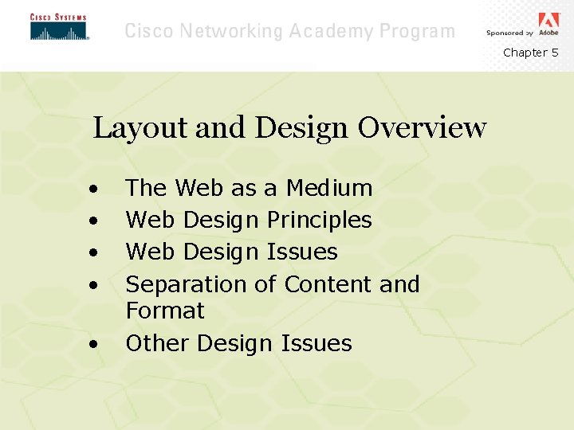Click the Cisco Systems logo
tap(58, 27)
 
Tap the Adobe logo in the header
tap(548, 23)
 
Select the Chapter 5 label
tap(530, 53)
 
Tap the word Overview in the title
tap(422, 127)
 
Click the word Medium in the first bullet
tap(329, 188)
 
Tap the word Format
tap(165, 311)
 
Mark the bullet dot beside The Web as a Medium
tap(94, 190)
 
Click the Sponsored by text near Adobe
tap(509, 33)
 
